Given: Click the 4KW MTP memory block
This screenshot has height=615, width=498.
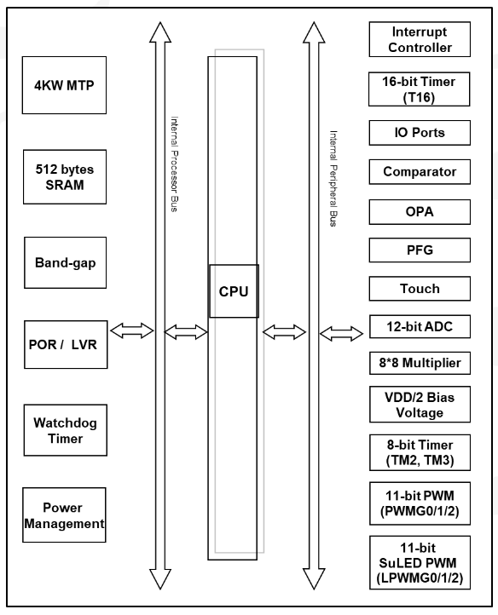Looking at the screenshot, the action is pyautogui.click(x=64, y=85).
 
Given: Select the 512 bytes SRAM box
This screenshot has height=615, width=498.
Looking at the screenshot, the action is pyautogui.click(x=65, y=177).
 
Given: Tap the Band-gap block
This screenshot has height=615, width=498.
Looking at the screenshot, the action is pyautogui.click(x=65, y=262).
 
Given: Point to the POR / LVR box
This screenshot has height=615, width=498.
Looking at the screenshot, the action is pyautogui.click(x=66, y=344).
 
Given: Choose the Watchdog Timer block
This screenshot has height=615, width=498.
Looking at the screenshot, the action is pyautogui.click(x=65, y=430).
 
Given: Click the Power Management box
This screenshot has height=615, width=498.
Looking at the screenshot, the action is pyautogui.click(x=64, y=515).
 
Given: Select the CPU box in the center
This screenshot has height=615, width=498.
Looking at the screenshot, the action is pyautogui.click(x=234, y=291).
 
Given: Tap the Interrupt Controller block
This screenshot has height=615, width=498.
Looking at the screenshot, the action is pyautogui.click(x=420, y=39).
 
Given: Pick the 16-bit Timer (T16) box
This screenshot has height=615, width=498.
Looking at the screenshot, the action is pyautogui.click(x=419, y=89).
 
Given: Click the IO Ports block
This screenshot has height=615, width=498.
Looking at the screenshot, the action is pyautogui.click(x=420, y=133).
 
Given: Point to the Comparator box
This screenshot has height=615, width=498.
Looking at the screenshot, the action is pyautogui.click(x=420, y=172).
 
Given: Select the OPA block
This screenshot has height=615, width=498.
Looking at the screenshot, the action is pyautogui.click(x=420, y=212).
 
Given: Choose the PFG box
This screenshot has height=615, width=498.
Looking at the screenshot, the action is pyautogui.click(x=420, y=250).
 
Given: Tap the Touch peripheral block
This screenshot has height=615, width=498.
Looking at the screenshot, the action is pyautogui.click(x=420, y=289).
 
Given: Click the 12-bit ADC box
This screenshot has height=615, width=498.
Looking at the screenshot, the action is pyautogui.click(x=420, y=326).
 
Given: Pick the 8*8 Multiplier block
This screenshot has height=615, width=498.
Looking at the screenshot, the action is pyautogui.click(x=420, y=363).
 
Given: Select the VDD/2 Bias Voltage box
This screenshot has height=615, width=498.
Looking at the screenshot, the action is pyautogui.click(x=420, y=405).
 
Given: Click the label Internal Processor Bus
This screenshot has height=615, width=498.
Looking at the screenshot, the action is pyautogui.click(x=174, y=164).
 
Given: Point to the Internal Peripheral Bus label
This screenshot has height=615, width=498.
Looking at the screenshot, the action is pyautogui.click(x=333, y=179).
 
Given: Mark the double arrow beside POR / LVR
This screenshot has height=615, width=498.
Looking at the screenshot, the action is pyautogui.click(x=132, y=330).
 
